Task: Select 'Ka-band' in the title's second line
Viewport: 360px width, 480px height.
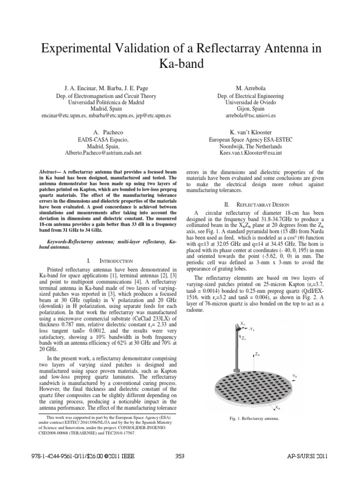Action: [180, 64]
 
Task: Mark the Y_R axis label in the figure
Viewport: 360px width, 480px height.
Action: [294, 375]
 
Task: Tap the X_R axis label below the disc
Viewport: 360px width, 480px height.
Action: [278, 408]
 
